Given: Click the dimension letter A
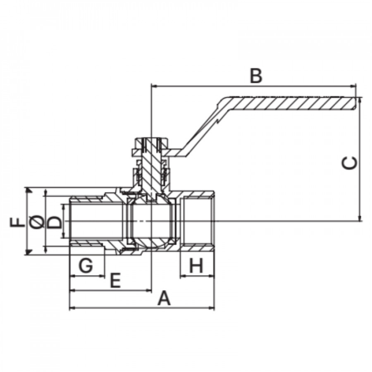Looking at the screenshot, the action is coord(164,298).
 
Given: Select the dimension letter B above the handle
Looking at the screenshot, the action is coord(256,76).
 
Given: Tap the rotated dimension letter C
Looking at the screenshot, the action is coord(350,163).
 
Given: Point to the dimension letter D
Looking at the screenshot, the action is coord(55,222).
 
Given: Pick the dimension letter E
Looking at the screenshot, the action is coord(116,280).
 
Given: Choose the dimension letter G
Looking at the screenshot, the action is coord(86,265).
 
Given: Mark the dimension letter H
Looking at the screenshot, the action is coord(196,265).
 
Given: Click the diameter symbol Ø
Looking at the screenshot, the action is coord(38,222).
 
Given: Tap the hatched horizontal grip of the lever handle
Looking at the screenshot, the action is coord(291,103).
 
